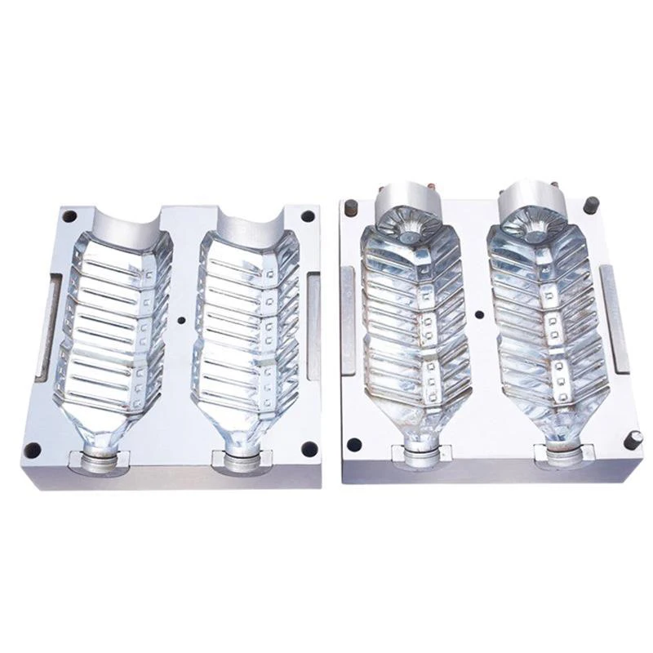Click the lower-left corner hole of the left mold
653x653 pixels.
coord(32,450)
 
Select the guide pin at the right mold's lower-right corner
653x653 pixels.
coord(633,439)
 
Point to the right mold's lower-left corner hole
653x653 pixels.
coord(353,445)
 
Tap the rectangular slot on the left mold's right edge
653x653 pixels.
coord(313,326)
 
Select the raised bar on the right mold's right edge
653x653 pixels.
coord(614,318)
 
